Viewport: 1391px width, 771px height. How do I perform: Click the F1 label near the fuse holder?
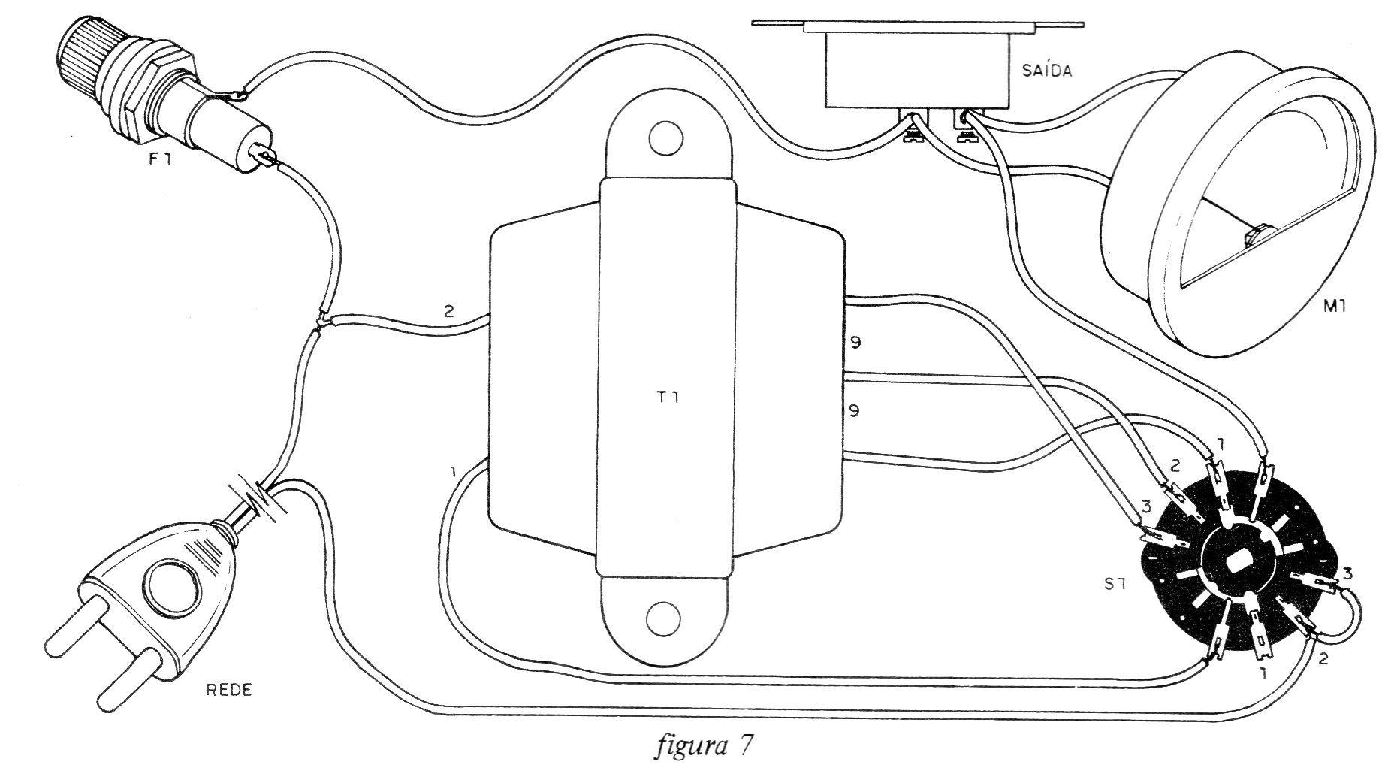tap(160, 159)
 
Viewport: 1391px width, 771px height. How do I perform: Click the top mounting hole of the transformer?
tap(664, 138)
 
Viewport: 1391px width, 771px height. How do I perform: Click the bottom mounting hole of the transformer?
tap(664, 618)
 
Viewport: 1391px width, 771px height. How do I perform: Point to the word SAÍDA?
tap(1047, 71)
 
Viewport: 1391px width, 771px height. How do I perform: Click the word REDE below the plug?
tap(229, 690)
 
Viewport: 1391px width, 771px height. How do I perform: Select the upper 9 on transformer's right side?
tap(855, 343)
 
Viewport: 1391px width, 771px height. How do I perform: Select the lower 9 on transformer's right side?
tap(855, 411)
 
